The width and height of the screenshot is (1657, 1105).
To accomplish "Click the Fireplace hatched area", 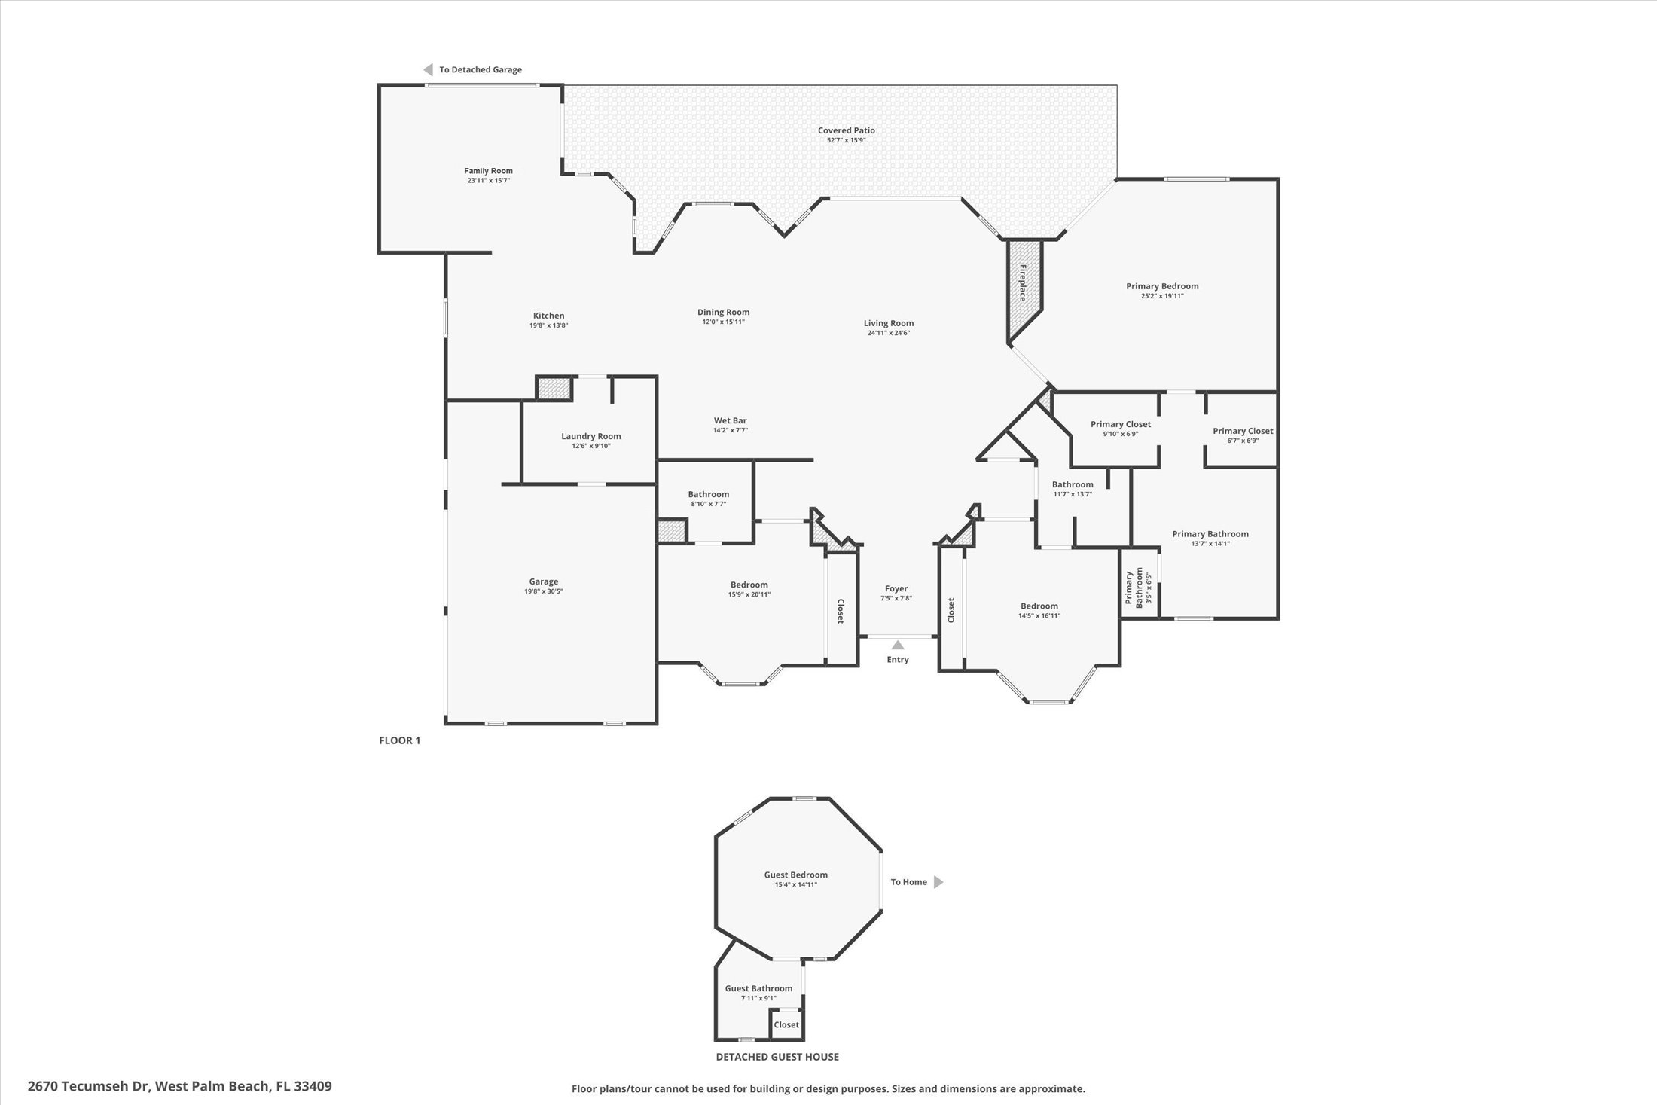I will (1023, 286).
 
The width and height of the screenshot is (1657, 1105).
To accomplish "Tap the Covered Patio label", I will (846, 130).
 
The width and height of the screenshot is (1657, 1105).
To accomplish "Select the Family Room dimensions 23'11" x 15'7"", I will (488, 181).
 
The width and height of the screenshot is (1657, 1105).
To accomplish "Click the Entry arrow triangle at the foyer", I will (897, 645).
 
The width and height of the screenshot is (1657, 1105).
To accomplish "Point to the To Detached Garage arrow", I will (428, 69).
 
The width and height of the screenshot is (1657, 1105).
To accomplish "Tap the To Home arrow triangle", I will (938, 882).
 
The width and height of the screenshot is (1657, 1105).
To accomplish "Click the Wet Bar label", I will (730, 420).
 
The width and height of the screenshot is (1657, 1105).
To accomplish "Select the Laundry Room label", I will (590, 436).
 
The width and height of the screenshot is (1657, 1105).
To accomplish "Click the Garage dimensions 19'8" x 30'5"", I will (543, 591).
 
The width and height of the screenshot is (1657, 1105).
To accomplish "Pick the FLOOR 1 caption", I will (399, 740).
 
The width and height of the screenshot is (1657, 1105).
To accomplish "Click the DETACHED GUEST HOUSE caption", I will (777, 1057).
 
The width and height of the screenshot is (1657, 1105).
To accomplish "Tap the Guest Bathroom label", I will (758, 988).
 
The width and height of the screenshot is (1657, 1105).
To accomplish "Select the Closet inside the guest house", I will (786, 1024).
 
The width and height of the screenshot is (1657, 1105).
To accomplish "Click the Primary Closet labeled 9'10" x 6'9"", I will (1120, 425).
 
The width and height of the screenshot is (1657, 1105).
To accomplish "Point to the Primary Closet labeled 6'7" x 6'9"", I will (1242, 432).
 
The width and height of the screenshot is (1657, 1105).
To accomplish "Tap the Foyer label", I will (896, 588).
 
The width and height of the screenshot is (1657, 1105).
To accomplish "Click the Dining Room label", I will (723, 312).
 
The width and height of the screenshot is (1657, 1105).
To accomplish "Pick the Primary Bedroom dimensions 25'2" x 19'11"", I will (1162, 296).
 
